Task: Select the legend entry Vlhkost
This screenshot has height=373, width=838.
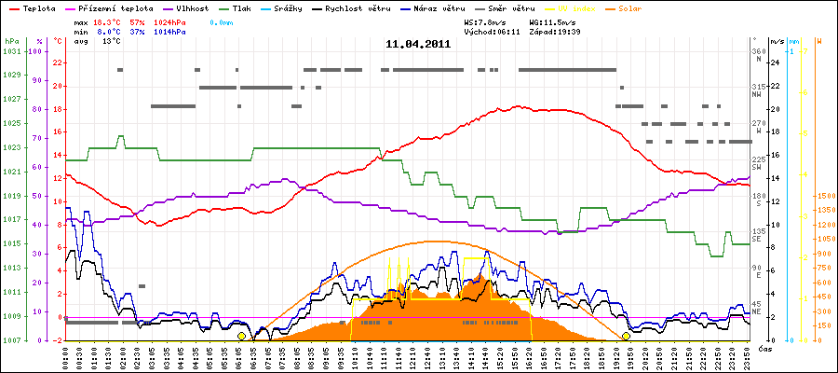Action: click(197, 7)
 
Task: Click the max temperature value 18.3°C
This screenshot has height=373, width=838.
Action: click(108, 21)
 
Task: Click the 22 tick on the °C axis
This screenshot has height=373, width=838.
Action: click(58, 63)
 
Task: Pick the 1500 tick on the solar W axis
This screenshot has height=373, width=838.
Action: click(823, 196)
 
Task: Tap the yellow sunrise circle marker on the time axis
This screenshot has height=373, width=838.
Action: click(241, 336)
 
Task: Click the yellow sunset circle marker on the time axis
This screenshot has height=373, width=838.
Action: click(626, 336)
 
